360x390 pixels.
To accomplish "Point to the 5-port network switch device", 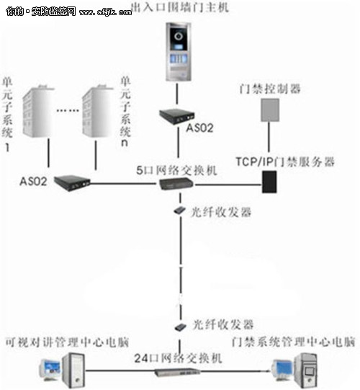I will coord(175,185).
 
